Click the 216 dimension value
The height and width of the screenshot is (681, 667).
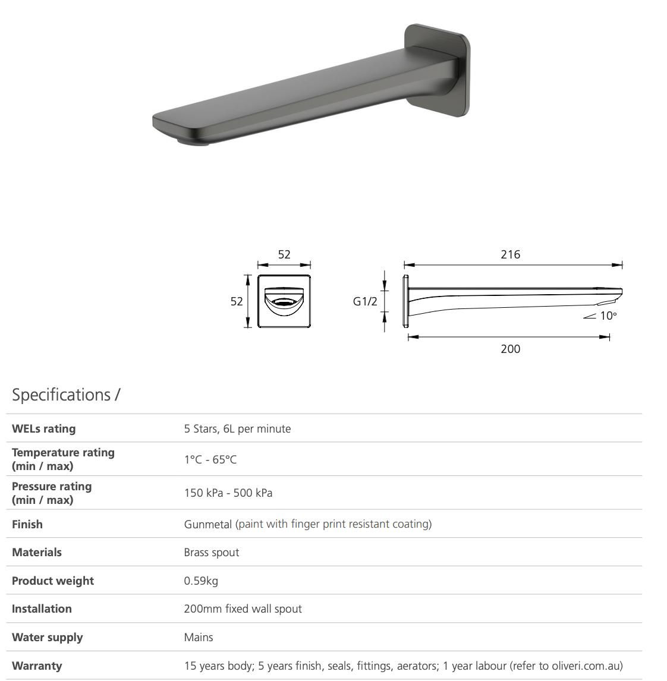(x=510, y=254)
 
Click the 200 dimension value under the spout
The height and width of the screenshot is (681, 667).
(x=510, y=349)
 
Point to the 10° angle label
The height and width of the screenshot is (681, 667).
(x=608, y=316)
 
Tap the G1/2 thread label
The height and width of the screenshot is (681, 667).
(x=365, y=301)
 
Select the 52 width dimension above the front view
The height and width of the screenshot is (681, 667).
(x=284, y=254)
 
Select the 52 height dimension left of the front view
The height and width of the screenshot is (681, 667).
(x=237, y=301)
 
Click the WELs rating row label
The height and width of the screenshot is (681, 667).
(x=44, y=428)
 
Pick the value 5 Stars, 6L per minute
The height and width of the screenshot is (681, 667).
(x=237, y=428)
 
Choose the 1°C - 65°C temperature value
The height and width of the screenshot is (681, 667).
(x=210, y=459)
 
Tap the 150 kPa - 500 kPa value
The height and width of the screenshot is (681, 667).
(x=228, y=493)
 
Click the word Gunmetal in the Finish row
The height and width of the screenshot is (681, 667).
(x=208, y=524)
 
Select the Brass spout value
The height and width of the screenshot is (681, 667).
(x=211, y=552)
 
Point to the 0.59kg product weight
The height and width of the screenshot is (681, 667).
(x=201, y=581)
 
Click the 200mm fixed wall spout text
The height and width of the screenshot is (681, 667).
(x=243, y=609)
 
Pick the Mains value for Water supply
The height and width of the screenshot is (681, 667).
(x=199, y=637)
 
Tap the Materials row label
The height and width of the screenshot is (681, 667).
(x=37, y=552)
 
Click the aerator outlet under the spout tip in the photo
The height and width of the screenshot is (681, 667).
(x=193, y=141)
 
